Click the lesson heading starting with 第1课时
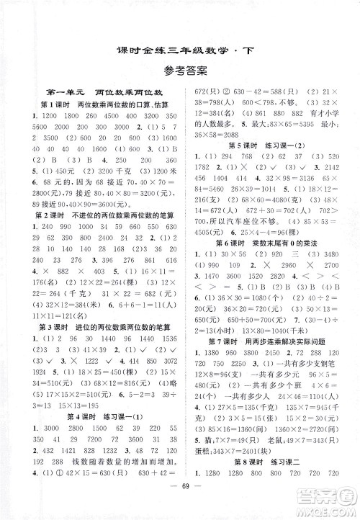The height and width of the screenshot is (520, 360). (105, 105)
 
